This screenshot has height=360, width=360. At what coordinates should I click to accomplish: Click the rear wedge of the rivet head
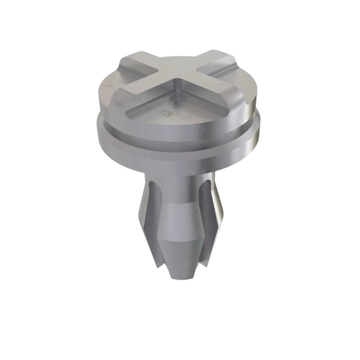click(x=177, y=59)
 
